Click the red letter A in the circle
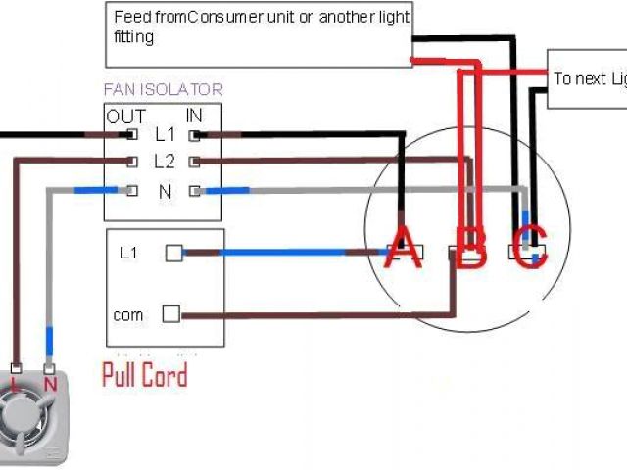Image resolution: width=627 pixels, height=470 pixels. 402,247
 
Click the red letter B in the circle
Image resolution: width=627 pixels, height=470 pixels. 471,249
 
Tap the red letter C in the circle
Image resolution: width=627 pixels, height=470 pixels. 531,248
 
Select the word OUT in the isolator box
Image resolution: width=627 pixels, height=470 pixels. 126,117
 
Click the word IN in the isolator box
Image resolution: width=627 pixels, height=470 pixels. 194,117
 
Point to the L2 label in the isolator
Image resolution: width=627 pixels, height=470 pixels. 165,161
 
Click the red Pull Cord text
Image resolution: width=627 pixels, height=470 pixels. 145,375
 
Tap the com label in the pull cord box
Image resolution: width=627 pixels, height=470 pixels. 128,315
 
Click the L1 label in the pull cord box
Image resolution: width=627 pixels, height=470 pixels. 128,253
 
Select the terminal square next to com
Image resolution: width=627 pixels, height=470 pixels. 170,314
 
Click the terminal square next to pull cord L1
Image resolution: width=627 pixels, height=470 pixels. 173,253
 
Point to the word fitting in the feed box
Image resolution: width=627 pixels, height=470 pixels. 134,37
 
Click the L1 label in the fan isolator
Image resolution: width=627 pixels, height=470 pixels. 165,134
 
